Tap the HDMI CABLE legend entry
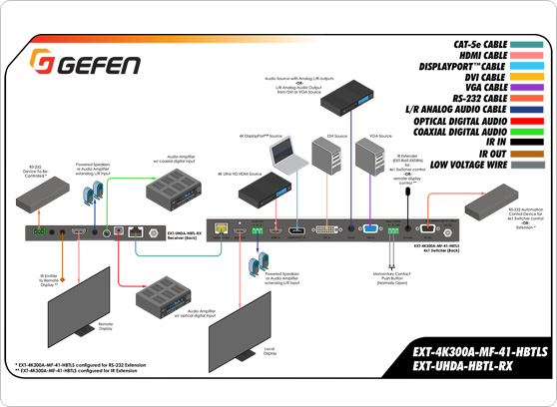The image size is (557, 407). coord(483,57)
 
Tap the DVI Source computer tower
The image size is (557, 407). coord(326,160)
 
